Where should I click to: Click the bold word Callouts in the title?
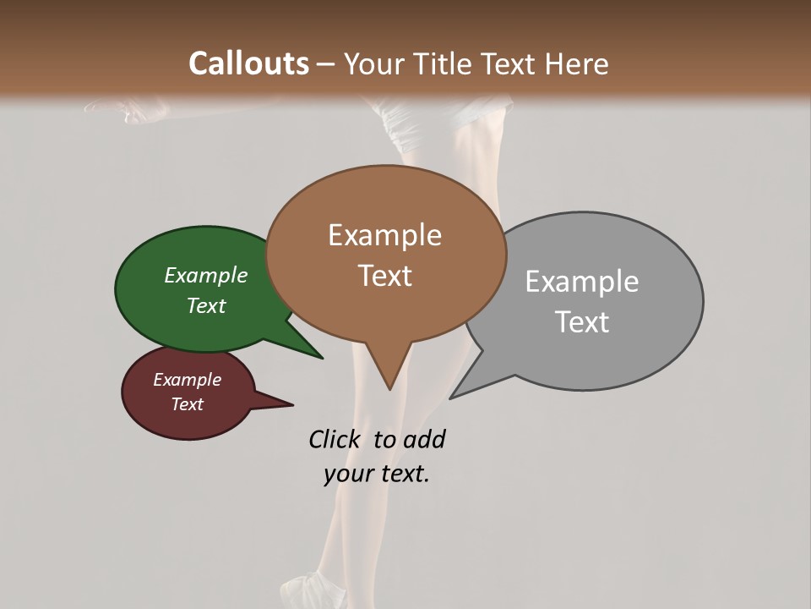click(x=248, y=63)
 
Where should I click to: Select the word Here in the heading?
click(x=578, y=63)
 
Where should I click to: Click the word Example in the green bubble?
click(x=205, y=275)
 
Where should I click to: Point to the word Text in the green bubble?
click(x=205, y=305)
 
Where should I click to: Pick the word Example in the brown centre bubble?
click(x=384, y=235)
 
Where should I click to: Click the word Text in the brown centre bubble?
click(x=384, y=276)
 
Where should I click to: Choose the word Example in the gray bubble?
click(x=581, y=281)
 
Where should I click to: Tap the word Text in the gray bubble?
click(x=581, y=321)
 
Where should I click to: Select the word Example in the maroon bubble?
click(x=187, y=380)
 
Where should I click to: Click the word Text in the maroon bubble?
click(x=187, y=404)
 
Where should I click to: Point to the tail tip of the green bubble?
click(x=321, y=358)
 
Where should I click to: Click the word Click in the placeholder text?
click(x=336, y=440)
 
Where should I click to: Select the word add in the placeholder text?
click(x=424, y=440)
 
